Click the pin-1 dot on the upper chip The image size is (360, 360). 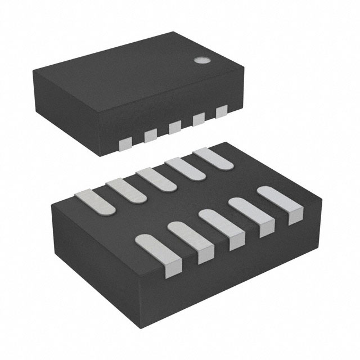point(200,59)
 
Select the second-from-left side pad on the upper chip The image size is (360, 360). point(150,135)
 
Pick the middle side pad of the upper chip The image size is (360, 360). point(175,127)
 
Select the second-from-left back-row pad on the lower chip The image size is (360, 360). point(127,190)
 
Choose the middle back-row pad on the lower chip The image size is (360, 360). point(157,179)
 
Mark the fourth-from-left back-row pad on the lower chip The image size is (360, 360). point(186,169)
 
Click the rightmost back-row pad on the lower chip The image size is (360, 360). point(214,159)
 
